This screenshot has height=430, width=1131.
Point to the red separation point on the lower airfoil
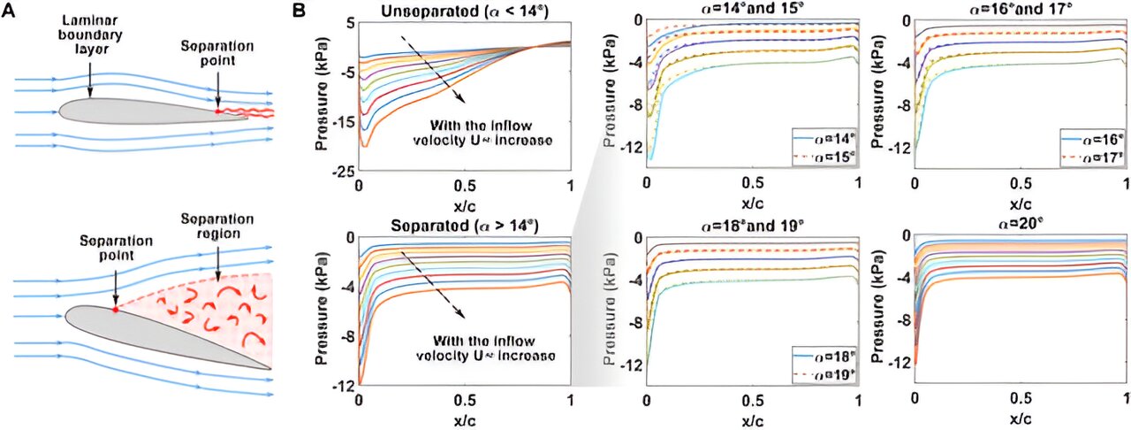point(115,310)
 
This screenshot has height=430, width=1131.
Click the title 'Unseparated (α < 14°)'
point(463,11)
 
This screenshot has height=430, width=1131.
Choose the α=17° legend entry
point(1095,157)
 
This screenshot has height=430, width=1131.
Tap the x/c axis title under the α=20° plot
point(1021,420)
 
